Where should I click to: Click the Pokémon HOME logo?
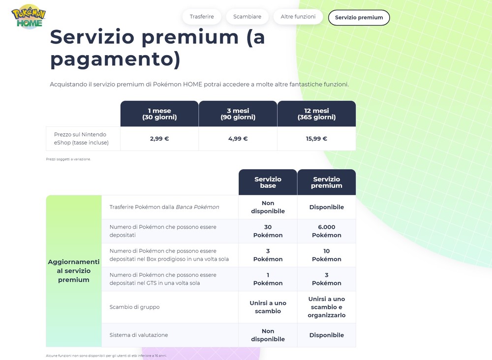pos(29,17)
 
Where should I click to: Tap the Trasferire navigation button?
pos(202,17)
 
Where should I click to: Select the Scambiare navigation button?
pos(247,17)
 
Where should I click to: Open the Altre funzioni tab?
pos(298,17)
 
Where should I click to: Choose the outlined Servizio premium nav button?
pos(359,18)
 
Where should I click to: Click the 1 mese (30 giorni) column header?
pos(159,114)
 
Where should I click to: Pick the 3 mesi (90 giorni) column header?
pos(238,114)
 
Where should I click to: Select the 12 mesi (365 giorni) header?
pos(316,114)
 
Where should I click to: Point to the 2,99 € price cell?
pos(159,139)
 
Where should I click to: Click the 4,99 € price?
pos(238,139)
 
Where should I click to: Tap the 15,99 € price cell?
pos(316,139)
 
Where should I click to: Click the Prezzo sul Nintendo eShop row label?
pos(81,139)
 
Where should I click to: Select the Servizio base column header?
pos(268,182)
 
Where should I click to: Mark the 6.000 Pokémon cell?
pos(327,231)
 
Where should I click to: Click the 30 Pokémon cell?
pos(268,231)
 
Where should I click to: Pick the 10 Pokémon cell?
pos(327,255)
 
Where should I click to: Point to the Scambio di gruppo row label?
pos(135,307)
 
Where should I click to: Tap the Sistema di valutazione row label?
pos(139,335)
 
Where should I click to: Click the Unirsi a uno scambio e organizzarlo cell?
pos(327,307)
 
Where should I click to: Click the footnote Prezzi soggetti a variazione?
pos(68,159)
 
